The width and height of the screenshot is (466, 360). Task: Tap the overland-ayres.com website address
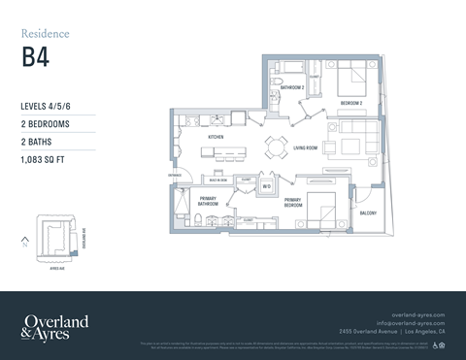point(417,315)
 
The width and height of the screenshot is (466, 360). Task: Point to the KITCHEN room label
point(216,138)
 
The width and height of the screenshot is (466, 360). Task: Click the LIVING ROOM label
point(307,148)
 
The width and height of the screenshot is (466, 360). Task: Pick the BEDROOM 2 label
point(350,102)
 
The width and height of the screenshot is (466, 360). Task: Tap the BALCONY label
point(368,213)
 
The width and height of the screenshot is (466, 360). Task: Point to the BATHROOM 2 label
point(292,87)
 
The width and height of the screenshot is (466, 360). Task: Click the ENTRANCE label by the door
point(176,176)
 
